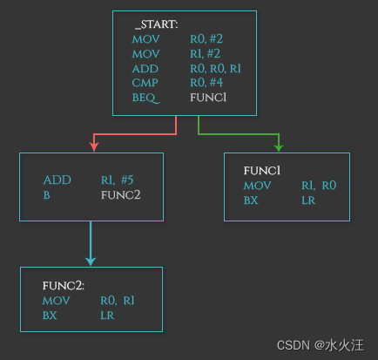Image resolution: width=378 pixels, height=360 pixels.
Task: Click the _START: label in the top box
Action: pyautogui.click(x=156, y=24)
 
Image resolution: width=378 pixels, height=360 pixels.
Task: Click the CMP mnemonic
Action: pyautogui.click(x=145, y=84)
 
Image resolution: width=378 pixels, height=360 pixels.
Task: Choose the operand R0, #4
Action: pyautogui.click(x=207, y=84)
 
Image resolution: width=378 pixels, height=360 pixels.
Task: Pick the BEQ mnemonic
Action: pyautogui.click(x=145, y=98)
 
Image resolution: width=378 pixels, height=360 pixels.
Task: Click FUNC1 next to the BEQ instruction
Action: pyautogui.click(x=208, y=98)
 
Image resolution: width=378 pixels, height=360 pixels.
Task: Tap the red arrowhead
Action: pyautogui.click(x=91, y=146)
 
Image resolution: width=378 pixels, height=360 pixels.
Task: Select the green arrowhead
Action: pyautogui.click(x=278, y=146)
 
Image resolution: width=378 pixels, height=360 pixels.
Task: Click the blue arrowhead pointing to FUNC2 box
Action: pyautogui.click(x=91, y=260)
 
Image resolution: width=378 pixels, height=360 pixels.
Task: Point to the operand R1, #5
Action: pyautogui.click(x=117, y=180)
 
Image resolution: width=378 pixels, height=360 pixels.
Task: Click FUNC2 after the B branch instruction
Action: pyautogui.click(x=120, y=194)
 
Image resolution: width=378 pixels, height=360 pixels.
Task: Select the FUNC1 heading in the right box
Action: pyautogui.click(x=261, y=171)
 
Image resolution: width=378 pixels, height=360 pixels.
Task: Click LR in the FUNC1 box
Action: pyautogui.click(x=308, y=200)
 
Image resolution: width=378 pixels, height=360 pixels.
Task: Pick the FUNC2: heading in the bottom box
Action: pyautogui.click(x=64, y=286)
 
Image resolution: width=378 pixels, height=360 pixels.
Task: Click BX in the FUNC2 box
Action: pyautogui.click(x=50, y=316)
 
